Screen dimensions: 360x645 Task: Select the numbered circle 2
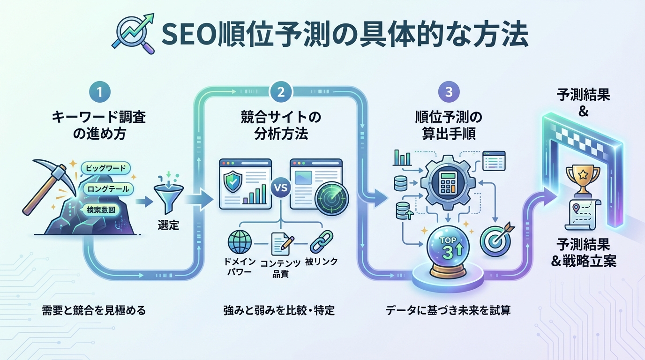click(281, 92)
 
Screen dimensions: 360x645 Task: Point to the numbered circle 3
click(449, 92)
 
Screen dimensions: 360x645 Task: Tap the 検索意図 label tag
click(100, 210)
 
